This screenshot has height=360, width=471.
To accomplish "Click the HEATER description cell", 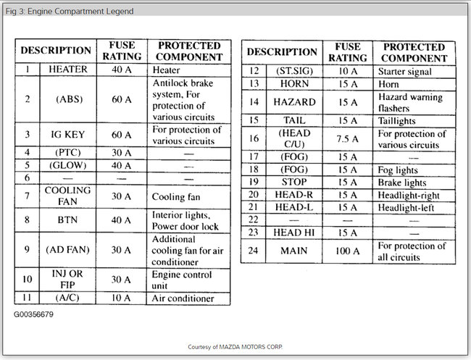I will (x=67, y=70).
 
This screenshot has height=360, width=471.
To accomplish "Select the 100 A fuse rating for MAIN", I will (x=346, y=251).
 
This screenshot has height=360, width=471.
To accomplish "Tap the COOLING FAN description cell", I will (x=67, y=196).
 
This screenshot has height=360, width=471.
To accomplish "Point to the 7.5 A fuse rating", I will (x=346, y=139).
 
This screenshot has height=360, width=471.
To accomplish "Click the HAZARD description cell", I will (x=293, y=102).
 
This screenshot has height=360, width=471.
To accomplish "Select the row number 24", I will (x=254, y=251).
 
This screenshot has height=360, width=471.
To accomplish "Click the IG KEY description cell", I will (x=67, y=135).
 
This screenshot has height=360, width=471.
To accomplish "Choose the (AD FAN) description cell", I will (x=67, y=250).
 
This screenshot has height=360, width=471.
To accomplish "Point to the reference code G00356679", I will (x=33, y=315).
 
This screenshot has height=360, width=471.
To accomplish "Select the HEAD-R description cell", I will (x=293, y=195).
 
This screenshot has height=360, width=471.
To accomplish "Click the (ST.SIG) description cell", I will (x=293, y=72).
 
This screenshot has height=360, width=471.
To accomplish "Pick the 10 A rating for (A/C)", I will (x=121, y=298).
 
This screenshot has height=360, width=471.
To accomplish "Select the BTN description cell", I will (x=67, y=220).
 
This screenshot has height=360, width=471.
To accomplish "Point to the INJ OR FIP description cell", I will (x=67, y=280).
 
